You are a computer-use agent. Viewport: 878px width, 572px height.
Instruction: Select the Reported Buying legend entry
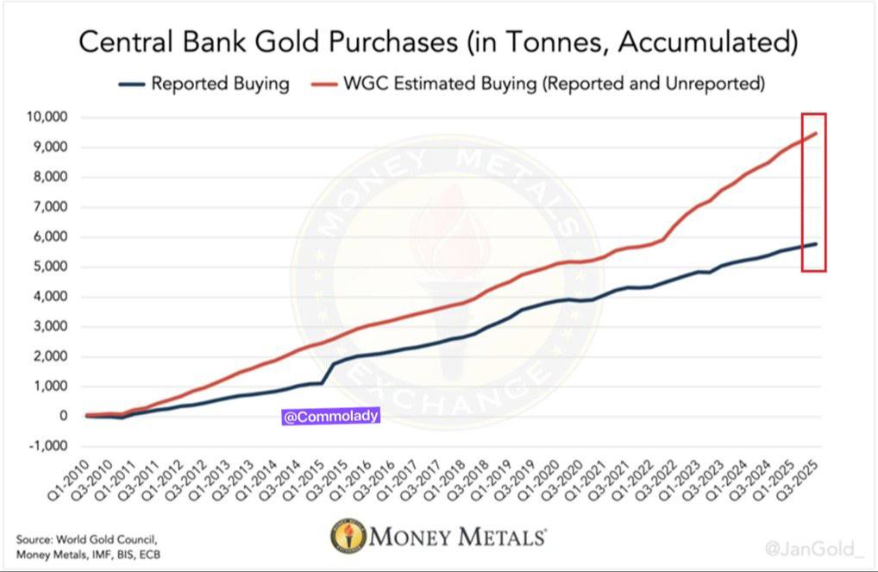(219, 84)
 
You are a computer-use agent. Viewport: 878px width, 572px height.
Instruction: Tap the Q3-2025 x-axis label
(801, 483)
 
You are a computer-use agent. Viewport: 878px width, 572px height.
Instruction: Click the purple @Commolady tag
(331, 417)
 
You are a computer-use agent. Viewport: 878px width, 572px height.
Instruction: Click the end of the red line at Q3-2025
(816, 133)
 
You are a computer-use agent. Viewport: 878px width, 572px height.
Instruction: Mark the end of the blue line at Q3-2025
(816, 243)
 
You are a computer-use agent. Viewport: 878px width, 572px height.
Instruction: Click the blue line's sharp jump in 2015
(328, 371)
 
